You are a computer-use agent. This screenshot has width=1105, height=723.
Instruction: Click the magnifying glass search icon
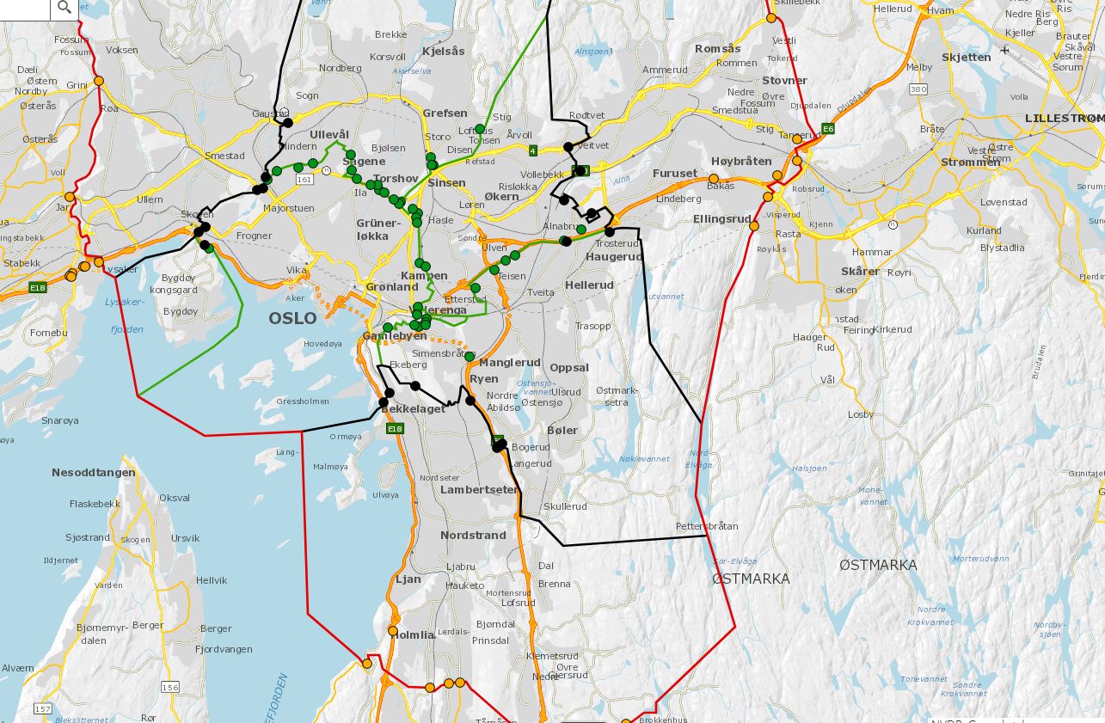(64, 9)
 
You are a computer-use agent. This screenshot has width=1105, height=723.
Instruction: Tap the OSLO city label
(292, 318)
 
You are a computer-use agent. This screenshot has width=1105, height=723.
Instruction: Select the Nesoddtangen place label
(94, 473)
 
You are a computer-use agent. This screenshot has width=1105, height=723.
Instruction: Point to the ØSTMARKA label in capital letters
(751, 579)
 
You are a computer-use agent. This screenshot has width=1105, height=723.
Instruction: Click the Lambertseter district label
(478, 489)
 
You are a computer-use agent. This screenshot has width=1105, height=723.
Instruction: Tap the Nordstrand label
(473, 535)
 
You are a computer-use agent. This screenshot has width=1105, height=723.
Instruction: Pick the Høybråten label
(741, 162)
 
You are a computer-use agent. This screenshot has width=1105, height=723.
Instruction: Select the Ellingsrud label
(722, 218)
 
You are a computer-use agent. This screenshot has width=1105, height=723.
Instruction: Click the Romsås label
(717, 49)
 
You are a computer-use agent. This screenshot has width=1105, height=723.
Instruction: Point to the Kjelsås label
(444, 51)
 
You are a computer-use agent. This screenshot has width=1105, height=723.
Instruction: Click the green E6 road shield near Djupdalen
(828, 129)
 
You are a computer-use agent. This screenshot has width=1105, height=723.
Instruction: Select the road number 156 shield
(170, 687)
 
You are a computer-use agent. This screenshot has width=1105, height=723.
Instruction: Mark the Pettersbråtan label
(707, 525)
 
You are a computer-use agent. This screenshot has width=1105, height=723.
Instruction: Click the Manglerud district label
(510, 363)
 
